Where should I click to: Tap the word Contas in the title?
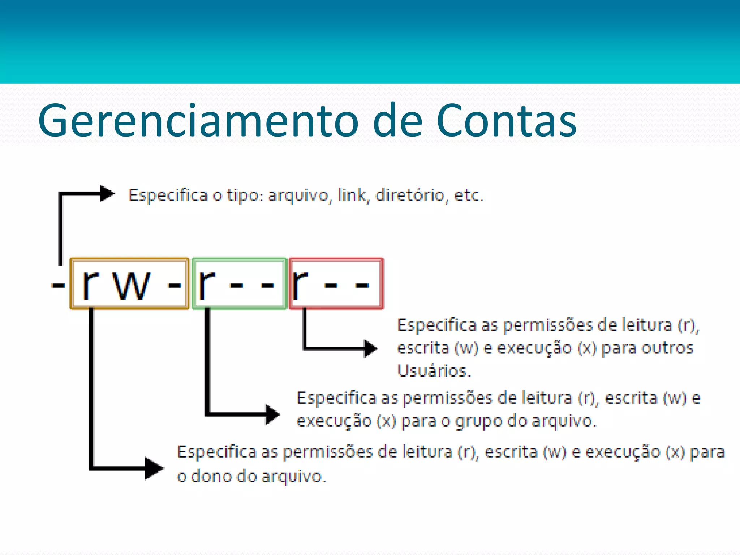[506, 121]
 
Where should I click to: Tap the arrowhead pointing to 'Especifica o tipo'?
[107, 194]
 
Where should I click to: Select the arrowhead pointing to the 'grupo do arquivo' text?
[272, 414]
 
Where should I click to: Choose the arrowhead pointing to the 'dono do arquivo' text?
[154, 469]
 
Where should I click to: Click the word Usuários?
[434, 371]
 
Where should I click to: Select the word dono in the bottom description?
[211, 476]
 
